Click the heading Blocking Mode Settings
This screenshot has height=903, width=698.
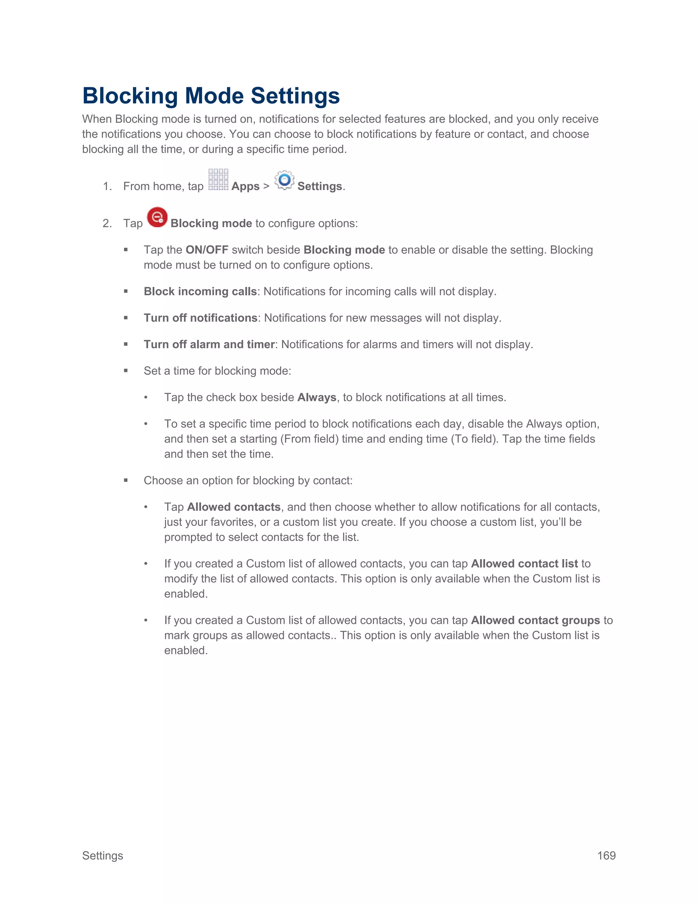211,96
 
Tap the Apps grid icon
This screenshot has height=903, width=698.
218,180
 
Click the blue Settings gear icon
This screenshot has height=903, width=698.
285,180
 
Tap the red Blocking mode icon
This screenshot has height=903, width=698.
157,217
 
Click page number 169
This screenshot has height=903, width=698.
606,855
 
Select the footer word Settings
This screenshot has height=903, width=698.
103,855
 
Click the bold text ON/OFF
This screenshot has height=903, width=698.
207,250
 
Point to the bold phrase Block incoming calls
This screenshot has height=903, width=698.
200,291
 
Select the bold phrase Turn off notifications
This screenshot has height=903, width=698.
200,318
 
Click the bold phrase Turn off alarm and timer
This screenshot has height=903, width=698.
209,345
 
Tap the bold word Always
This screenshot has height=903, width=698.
317,397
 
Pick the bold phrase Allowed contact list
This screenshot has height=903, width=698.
524,564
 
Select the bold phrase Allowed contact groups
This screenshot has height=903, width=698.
535,620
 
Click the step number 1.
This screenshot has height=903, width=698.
107,186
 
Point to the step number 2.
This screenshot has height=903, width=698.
107,224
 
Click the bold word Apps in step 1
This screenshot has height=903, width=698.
245,186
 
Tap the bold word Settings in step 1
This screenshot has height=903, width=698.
320,186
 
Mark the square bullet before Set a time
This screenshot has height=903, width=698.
126,371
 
